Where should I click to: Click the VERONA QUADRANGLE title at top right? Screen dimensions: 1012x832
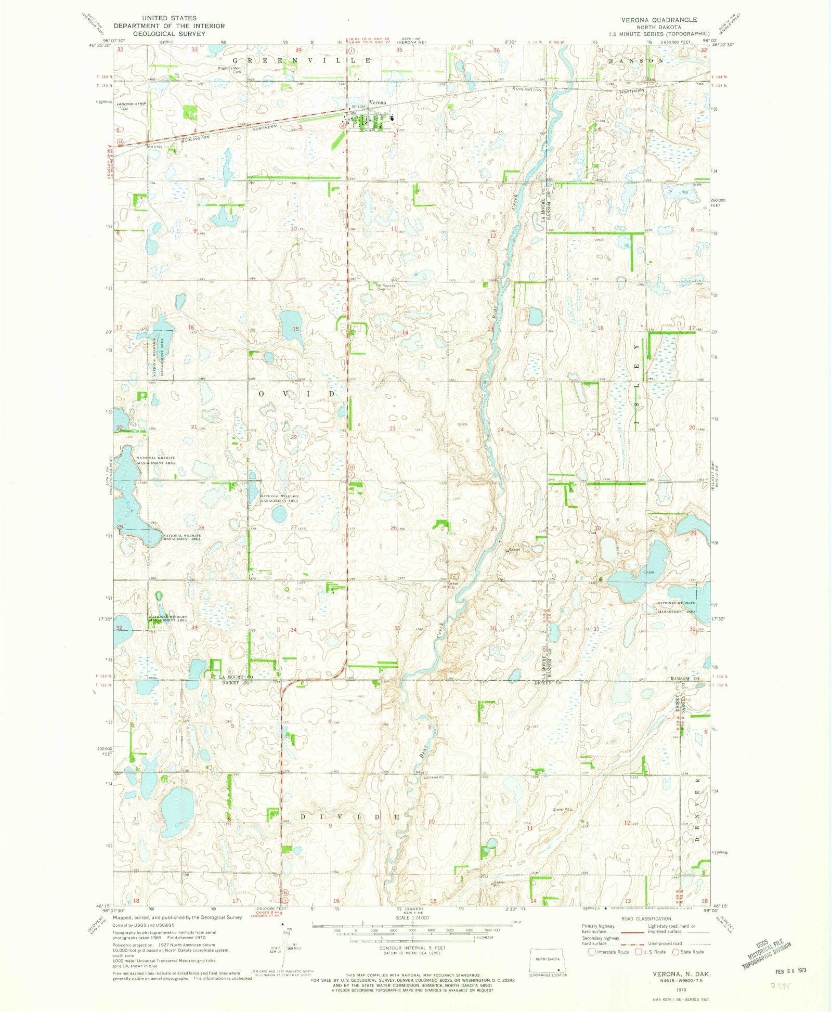tap(659, 20)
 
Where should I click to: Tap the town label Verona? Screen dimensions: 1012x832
tap(378, 102)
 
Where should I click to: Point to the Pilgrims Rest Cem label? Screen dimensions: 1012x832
tap(229, 69)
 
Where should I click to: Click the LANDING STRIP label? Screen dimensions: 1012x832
tap(132, 104)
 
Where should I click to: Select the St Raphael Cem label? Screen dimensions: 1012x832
tap(386, 286)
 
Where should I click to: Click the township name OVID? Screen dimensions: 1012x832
tap(297, 394)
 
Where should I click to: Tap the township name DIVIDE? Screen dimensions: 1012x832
tap(350, 817)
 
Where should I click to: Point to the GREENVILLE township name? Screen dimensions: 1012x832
tap(298, 61)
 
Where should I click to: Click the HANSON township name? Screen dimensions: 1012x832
tap(636, 61)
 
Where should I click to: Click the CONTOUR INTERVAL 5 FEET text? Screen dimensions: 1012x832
tap(411, 948)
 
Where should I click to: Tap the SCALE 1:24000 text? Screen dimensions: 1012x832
tap(411, 918)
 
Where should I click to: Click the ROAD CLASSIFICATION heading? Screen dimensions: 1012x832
tap(646, 918)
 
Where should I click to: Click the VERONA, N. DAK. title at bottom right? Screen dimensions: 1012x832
tap(682, 973)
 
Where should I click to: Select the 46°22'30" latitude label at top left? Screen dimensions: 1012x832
tap(100, 45)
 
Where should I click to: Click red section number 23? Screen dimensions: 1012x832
tap(393, 429)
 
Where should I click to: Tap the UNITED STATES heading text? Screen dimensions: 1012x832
tap(169, 18)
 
